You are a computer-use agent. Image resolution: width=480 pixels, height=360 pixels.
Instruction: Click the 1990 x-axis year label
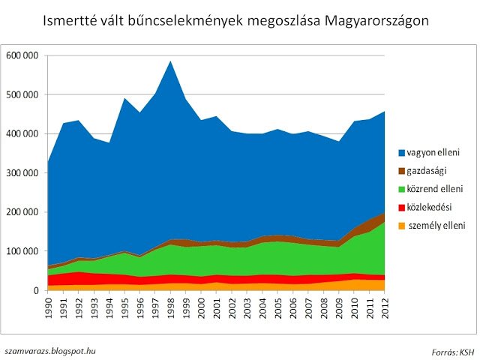coord(49,308)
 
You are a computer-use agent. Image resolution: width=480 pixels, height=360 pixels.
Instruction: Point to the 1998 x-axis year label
coord(171,308)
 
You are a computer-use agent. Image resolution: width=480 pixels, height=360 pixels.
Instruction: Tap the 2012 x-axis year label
coord(385,308)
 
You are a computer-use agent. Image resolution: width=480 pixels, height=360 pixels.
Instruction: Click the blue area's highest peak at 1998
coord(171,62)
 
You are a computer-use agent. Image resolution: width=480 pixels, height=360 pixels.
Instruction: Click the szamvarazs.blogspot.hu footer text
coord(50,350)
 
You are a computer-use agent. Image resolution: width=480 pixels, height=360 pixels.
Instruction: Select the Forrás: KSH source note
coord(453,351)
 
